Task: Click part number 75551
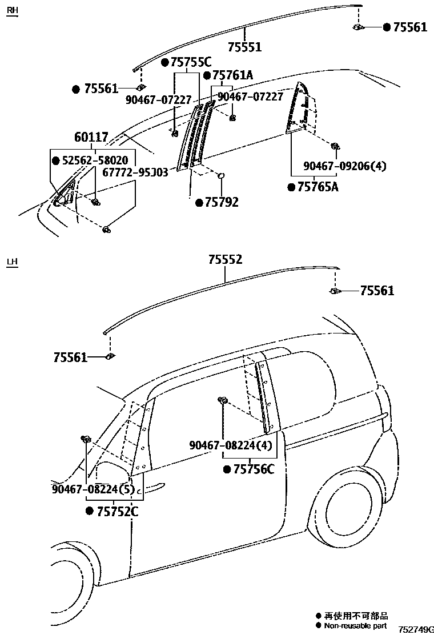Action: pyautogui.click(x=244, y=47)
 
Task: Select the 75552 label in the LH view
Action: pyautogui.click(x=225, y=260)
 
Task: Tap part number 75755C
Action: pyautogui.click(x=191, y=63)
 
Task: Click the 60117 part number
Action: pyautogui.click(x=91, y=138)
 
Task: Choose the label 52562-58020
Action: pyautogui.click(x=95, y=160)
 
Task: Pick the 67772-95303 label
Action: pyautogui.click(x=135, y=172)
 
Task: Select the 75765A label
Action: pyautogui.click(x=318, y=187)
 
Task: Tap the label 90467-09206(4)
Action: pyautogui.click(x=345, y=166)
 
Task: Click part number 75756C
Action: pyautogui.click(x=253, y=469)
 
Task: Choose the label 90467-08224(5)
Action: pyautogui.click(x=93, y=489)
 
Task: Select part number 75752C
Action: pyautogui.click(x=117, y=512)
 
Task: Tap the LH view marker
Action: pyautogui.click(x=12, y=262)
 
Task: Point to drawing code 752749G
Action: pyautogui.click(x=415, y=629)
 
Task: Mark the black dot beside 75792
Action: pyautogui.click(x=199, y=203)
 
